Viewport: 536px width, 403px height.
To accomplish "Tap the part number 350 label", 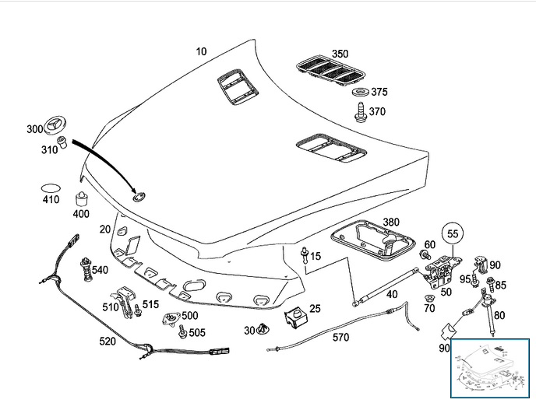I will click(x=340, y=54).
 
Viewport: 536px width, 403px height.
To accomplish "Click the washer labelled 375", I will click(x=360, y=93).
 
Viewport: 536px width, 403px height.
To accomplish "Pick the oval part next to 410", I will click(x=51, y=187).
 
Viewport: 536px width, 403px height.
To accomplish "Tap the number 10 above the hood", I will click(x=201, y=51).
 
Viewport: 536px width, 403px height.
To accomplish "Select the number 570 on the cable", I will click(x=340, y=338).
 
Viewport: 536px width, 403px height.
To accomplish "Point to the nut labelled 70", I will click(x=429, y=298).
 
